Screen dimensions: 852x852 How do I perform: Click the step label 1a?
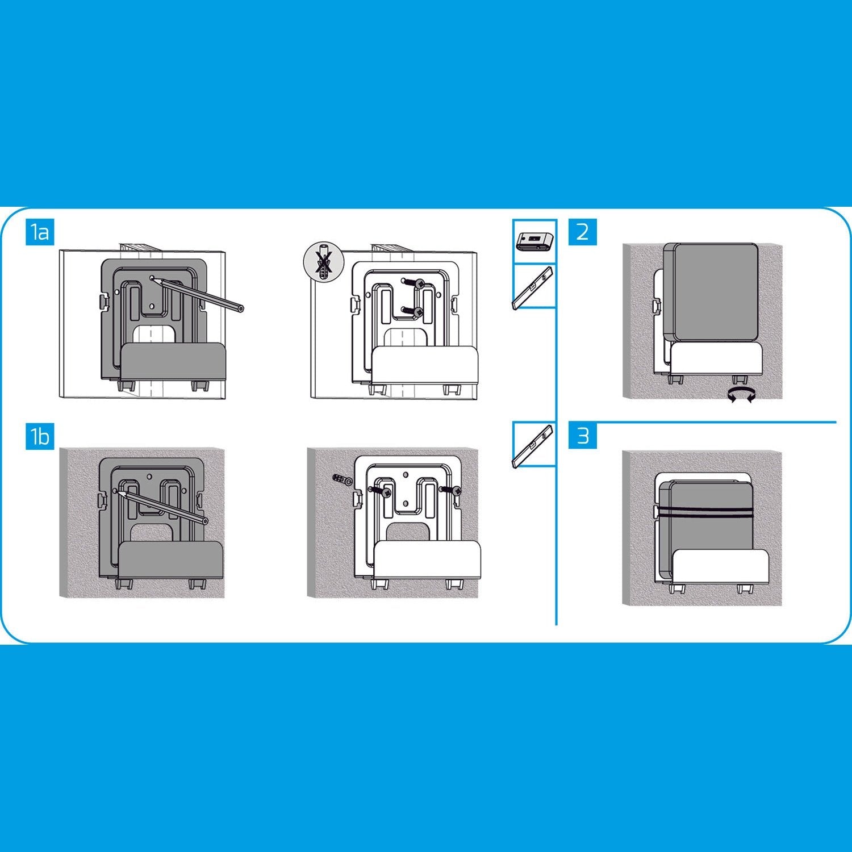point(40,232)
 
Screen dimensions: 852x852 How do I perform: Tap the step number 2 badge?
point(583,232)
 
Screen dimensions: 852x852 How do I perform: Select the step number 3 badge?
point(583,436)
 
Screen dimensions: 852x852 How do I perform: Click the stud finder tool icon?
point(534,241)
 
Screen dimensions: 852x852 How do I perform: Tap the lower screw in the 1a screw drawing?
point(412,310)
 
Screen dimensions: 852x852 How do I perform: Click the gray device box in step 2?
point(713,293)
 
